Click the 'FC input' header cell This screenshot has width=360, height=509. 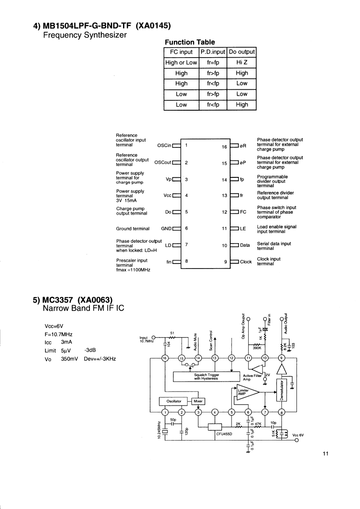pyautogui.click(x=181, y=52)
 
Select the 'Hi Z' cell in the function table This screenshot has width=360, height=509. pyautogui.click(x=242, y=63)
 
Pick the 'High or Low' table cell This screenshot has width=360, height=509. pyautogui.click(x=181, y=63)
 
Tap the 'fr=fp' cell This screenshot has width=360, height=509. pyautogui.click(x=213, y=63)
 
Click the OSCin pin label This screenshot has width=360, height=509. pyautogui.click(x=164, y=146)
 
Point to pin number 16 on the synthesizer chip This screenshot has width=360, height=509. pyautogui.click(x=224, y=147)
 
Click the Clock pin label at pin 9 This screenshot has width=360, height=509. pyautogui.click(x=246, y=262)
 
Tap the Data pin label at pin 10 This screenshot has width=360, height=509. pyautogui.click(x=245, y=245)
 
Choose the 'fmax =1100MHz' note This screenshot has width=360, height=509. pyautogui.click(x=133, y=270)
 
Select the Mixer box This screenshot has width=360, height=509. pyautogui.click(x=198, y=401)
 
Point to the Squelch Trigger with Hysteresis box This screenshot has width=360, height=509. pyautogui.click(x=206, y=377)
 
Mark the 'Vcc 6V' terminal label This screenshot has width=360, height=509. pyautogui.click(x=298, y=435)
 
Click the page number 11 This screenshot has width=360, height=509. pyautogui.click(x=325, y=454)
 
